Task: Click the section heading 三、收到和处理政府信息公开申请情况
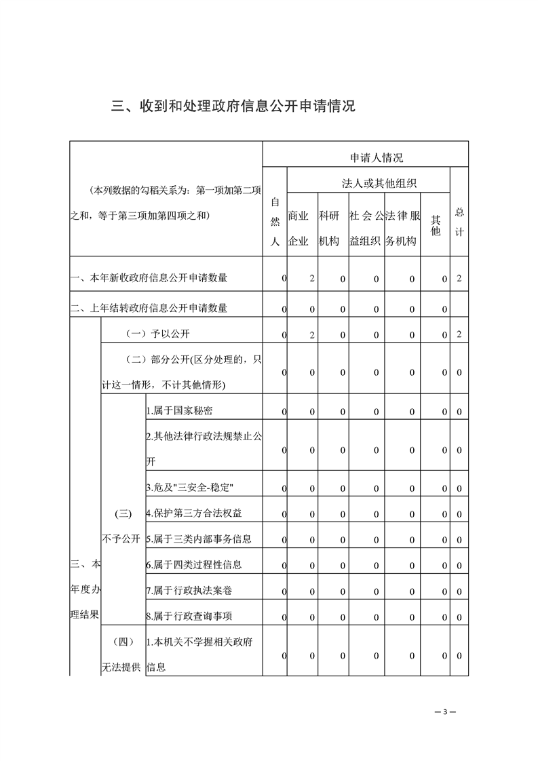click(233, 106)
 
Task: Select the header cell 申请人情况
click(376, 157)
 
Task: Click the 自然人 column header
click(275, 221)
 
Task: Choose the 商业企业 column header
click(299, 228)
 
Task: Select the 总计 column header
click(459, 221)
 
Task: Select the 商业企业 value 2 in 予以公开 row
click(311, 334)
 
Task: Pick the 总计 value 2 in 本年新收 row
click(459, 278)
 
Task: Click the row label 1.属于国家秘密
click(180, 411)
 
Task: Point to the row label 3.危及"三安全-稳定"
click(190, 488)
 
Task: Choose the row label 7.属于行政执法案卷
click(189, 591)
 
